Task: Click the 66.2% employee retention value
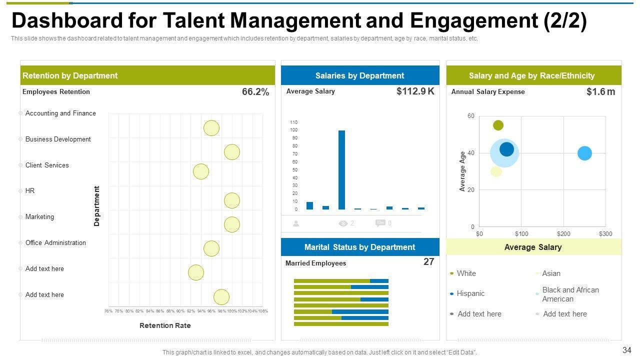pyautogui.click(x=255, y=92)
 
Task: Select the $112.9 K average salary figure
pyautogui.click(x=415, y=91)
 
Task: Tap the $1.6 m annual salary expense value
pyautogui.click(x=600, y=92)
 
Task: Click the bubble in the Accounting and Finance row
pyautogui.click(x=211, y=128)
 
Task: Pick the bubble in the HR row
pyautogui.click(x=231, y=200)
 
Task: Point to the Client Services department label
pyautogui.click(x=47, y=165)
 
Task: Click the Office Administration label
pyautogui.click(x=55, y=243)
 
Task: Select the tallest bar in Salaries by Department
pyautogui.click(x=341, y=169)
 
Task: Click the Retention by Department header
pyautogui.click(x=70, y=76)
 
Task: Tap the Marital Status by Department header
pyautogui.click(x=359, y=247)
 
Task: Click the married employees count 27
pyautogui.click(x=428, y=262)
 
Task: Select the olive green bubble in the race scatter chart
pyautogui.click(x=498, y=125)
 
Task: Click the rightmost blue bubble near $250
pyautogui.click(x=584, y=153)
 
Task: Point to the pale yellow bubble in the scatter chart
pyautogui.click(x=496, y=171)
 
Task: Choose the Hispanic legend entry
pyautogui.click(x=470, y=294)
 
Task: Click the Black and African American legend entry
pyautogui.click(x=570, y=294)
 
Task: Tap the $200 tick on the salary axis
pyautogui.click(x=563, y=234)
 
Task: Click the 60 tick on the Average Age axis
pyautogui.click(x=471, y=116)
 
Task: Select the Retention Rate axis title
pyautogui.click(x=165, y=325)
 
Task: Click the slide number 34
pyautogui.click(x=627, y=350)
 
